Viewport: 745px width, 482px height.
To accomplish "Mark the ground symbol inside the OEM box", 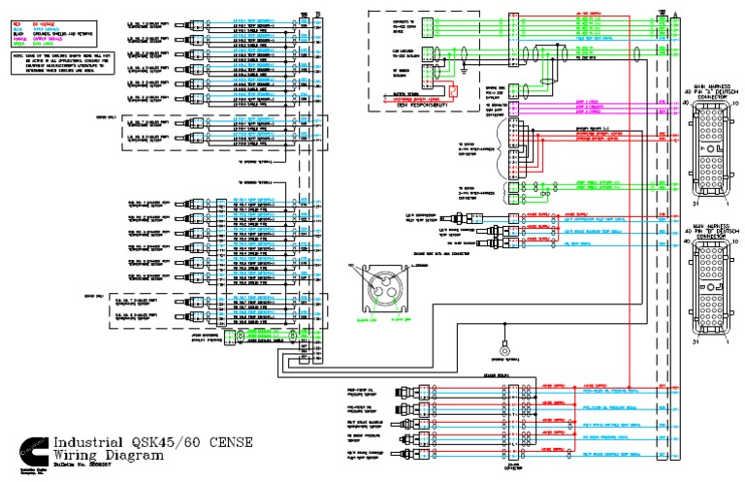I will [468, 70].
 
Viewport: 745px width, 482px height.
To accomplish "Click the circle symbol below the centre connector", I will [504, 350].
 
